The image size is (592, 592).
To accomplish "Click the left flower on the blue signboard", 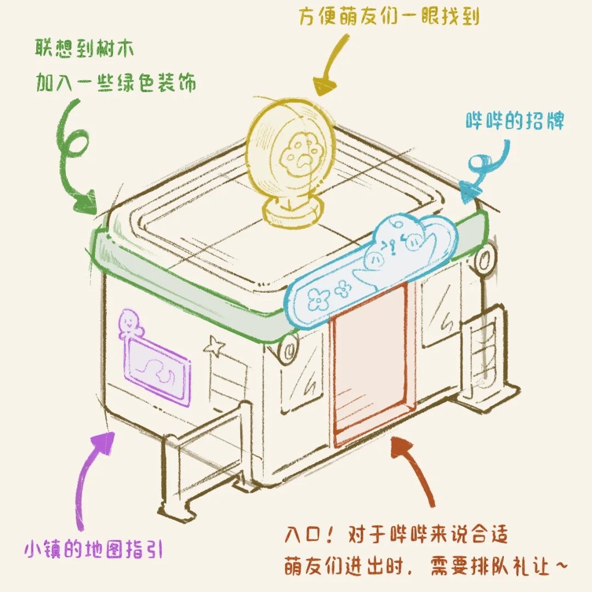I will tap(317, 299).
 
